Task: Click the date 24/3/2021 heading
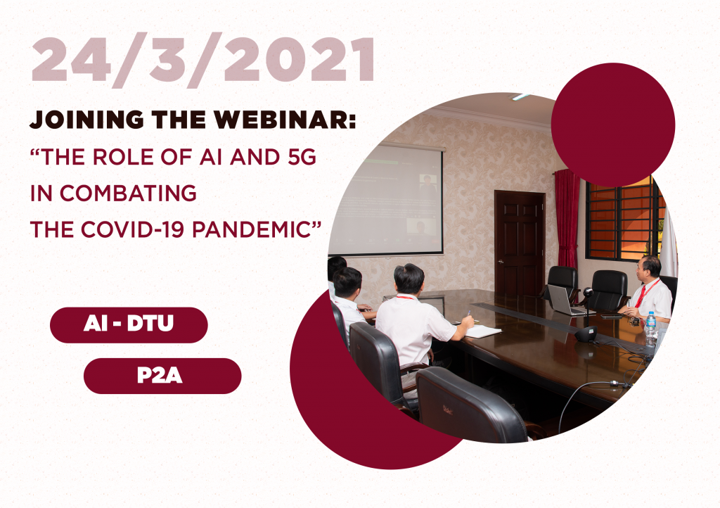click(x=203, y=61)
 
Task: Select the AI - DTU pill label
click(x=129, y=324)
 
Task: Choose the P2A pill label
click(x=162, y=376)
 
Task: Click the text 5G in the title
click(x=302, y=157)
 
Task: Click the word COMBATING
click(x=128, y=193)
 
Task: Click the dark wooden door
click(x=520, y=243)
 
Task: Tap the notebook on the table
click(x=482, y=331)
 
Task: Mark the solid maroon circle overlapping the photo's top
click(x=613, y=125)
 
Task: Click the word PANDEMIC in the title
click(x=252, y=229)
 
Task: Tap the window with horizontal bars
click(x=625, y=219)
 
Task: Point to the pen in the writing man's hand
click(x=468, y=315)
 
